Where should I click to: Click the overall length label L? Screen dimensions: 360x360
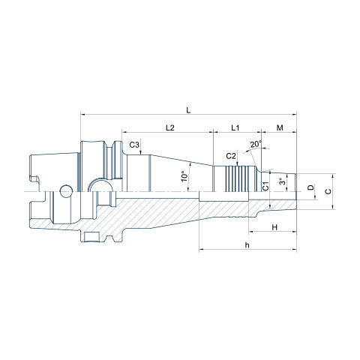point(188,110)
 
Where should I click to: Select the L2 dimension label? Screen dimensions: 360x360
point(170,127)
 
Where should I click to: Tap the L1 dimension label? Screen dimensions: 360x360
point(235,127)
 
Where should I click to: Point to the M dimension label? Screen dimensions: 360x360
point(280,127)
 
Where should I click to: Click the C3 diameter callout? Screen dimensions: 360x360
point(134,145)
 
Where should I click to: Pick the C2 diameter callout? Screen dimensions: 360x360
point(231,156)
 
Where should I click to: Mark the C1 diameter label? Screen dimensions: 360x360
point(265,186)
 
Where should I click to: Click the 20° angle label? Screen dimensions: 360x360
point(256,144)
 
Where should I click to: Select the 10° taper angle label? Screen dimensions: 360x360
point(184,176)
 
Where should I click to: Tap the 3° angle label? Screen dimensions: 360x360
point(282,181)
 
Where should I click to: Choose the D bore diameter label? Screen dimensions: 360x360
point(310,187)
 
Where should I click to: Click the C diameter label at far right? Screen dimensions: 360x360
point(328,191)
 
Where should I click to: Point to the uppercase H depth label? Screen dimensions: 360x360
point(274,227)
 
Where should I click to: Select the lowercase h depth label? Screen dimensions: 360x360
point(247,245)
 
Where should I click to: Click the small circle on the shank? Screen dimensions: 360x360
point(66,191)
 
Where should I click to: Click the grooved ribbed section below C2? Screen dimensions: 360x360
point(237,179)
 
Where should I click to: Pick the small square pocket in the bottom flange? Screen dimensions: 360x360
point(90,237)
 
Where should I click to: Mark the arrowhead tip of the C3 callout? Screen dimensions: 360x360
point(141,154)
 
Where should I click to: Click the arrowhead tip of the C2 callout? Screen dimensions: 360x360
point(237,166)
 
